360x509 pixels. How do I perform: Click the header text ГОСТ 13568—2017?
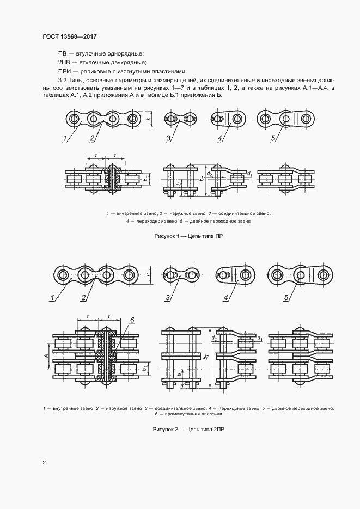pos(70,36)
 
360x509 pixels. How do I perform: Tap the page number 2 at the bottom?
pos(44,462)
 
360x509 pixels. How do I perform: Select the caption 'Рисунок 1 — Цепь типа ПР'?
pos(188,237)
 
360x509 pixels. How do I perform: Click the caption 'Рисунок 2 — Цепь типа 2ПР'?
pos(188,430)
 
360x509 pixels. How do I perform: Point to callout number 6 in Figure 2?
pos(132,320)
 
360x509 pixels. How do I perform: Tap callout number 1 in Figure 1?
pos(65,139)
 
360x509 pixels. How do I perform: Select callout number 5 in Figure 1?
pos(273,139)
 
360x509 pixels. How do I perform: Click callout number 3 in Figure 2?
pos(168,297)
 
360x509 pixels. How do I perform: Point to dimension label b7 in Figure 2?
pos(206,357)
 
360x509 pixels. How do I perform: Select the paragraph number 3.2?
pos(62,80)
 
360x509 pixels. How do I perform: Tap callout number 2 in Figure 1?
pos(92,139)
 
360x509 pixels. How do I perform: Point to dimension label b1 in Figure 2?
pos(145,369)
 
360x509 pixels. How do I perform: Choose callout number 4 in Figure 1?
pos(220,139)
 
